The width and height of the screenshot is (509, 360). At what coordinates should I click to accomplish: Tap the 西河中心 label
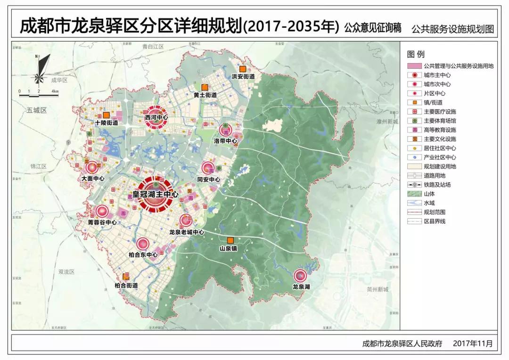tap(157, 117)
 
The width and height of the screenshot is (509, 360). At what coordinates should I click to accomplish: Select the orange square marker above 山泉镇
tap(230, 240)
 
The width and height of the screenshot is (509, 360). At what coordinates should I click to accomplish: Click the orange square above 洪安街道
tap(243, 68)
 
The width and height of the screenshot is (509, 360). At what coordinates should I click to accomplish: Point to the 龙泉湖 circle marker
tap(300, 275)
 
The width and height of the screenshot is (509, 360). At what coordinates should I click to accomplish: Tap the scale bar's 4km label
tap(55, 91)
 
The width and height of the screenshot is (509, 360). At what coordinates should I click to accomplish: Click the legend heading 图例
tap(416, 54)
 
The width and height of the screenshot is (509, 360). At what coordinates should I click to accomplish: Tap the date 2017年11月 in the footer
tap(472, 344)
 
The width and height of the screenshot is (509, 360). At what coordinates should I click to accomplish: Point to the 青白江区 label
tap(152, 47)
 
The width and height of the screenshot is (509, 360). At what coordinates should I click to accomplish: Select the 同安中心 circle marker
tap(208, 168)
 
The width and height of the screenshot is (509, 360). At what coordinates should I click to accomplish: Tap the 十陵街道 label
tap(106, 123)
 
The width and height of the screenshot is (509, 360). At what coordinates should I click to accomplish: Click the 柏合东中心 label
tap(143, 255)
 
